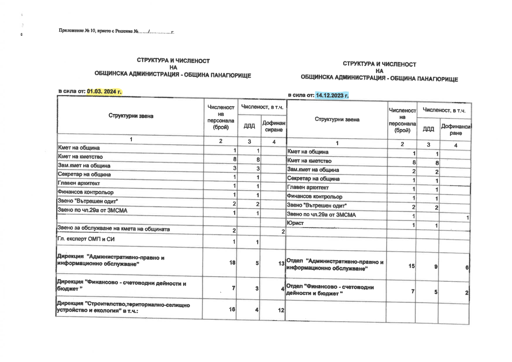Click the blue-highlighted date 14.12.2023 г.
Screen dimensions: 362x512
point(332,95)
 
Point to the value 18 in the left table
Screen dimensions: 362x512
point(232,263)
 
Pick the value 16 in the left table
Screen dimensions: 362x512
point(232,309)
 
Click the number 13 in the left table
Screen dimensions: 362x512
point(281,264)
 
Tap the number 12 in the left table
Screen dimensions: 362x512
point(281,310)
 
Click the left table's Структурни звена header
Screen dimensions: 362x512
point(131,116)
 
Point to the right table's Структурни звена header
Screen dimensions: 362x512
point(337,120)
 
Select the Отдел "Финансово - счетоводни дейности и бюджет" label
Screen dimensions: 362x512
point(330,290)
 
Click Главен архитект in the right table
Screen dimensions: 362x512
point(308,187)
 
